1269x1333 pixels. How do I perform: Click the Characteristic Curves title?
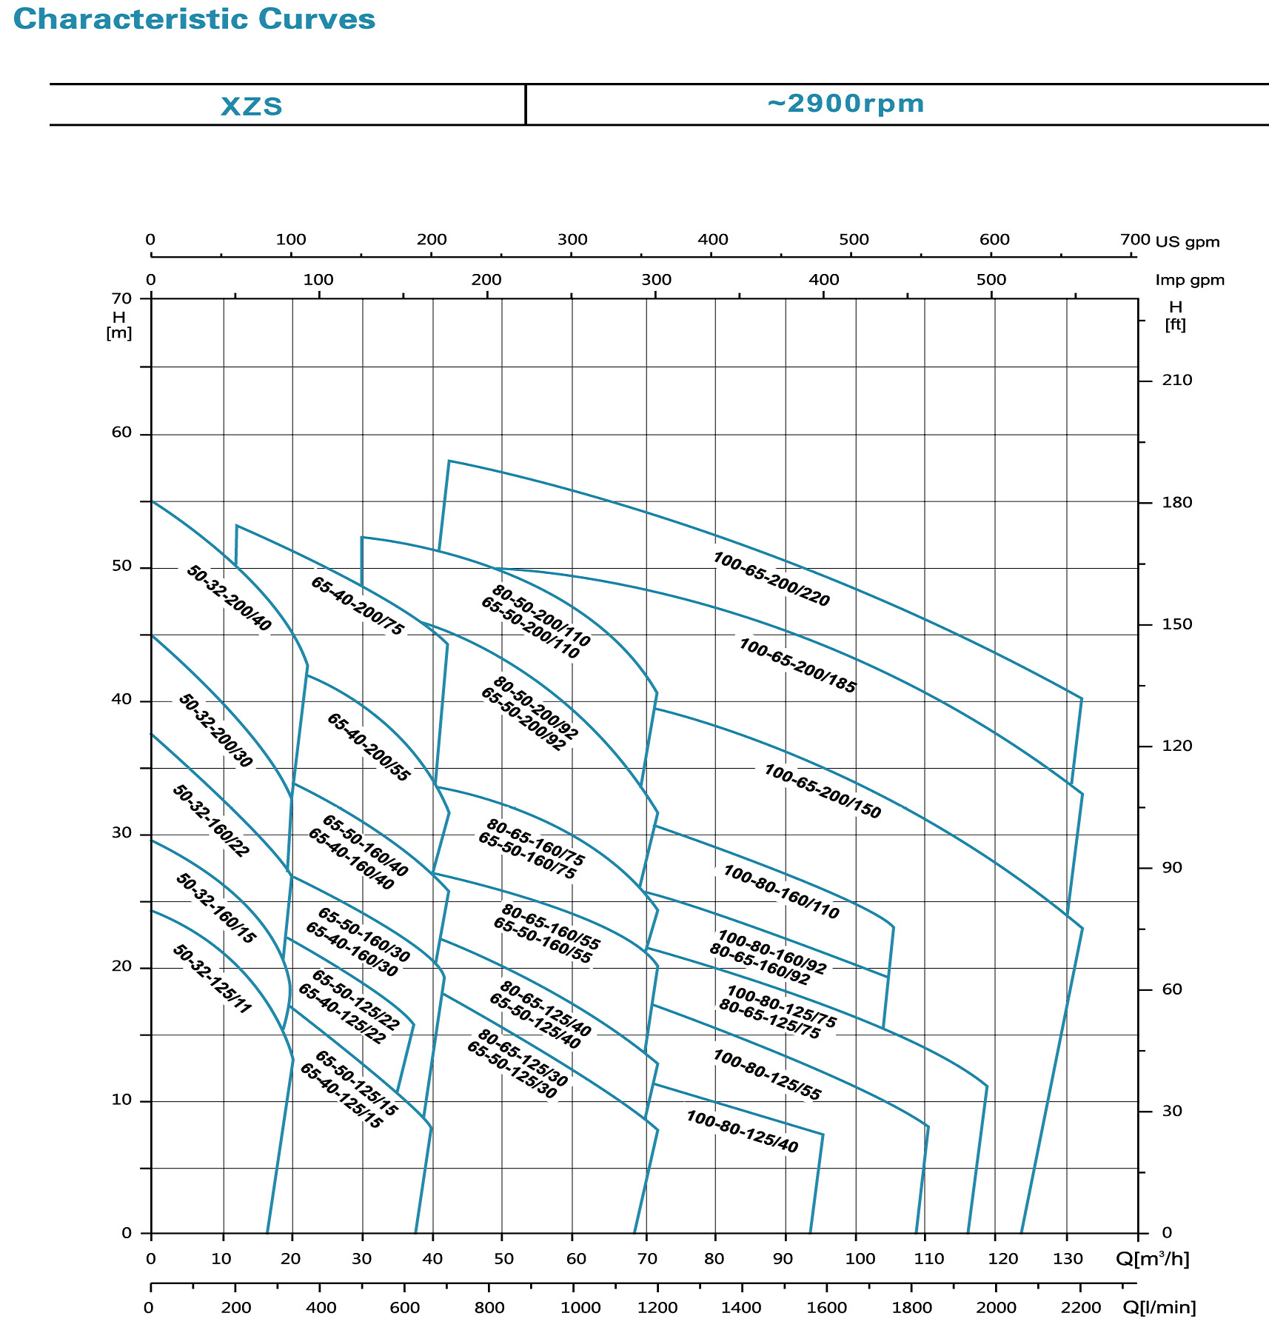point(194,19)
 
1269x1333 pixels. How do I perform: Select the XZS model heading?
point(252,106)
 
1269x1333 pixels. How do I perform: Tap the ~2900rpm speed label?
point(846,104)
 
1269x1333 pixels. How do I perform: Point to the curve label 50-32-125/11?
point(212,979)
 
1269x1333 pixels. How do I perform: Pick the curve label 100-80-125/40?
point(742,1132)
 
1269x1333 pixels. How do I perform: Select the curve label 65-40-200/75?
point(358,606)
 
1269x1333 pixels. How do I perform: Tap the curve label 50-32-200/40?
point(229,598)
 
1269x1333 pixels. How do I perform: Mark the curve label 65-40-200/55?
point(368,747)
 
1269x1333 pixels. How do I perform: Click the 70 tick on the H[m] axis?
point(121,298)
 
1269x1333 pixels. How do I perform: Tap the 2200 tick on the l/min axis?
point(1080,1308)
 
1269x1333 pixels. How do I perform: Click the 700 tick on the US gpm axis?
point(1135,239)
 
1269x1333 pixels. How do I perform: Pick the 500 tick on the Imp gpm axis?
point(991,280)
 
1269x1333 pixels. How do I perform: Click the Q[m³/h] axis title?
point(1152,1259)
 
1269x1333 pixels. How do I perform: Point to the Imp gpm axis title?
point(1190,280)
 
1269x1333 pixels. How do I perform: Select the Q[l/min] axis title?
point(1159,1308)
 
